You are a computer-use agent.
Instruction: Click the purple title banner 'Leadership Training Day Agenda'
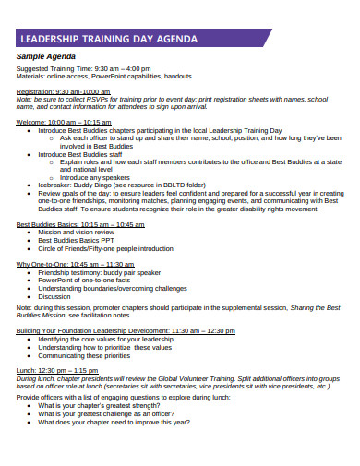tap(138, 40)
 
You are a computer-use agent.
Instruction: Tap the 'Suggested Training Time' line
tap(84, 69)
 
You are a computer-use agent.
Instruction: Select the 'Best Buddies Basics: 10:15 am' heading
tap(80, 224)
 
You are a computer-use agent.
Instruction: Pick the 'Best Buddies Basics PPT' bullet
tap(73, 241)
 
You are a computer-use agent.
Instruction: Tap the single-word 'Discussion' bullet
tap(54, 296)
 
